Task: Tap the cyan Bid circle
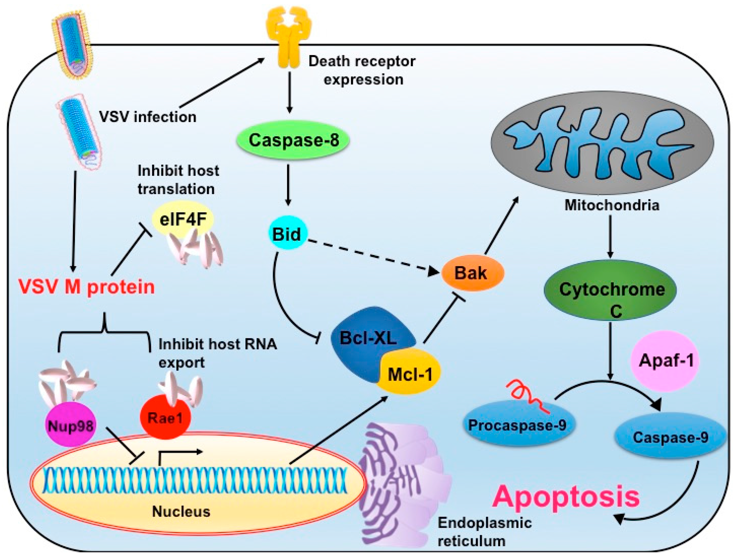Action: (287, 234)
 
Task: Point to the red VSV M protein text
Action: (87, 287)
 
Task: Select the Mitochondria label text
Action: (612, 205)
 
